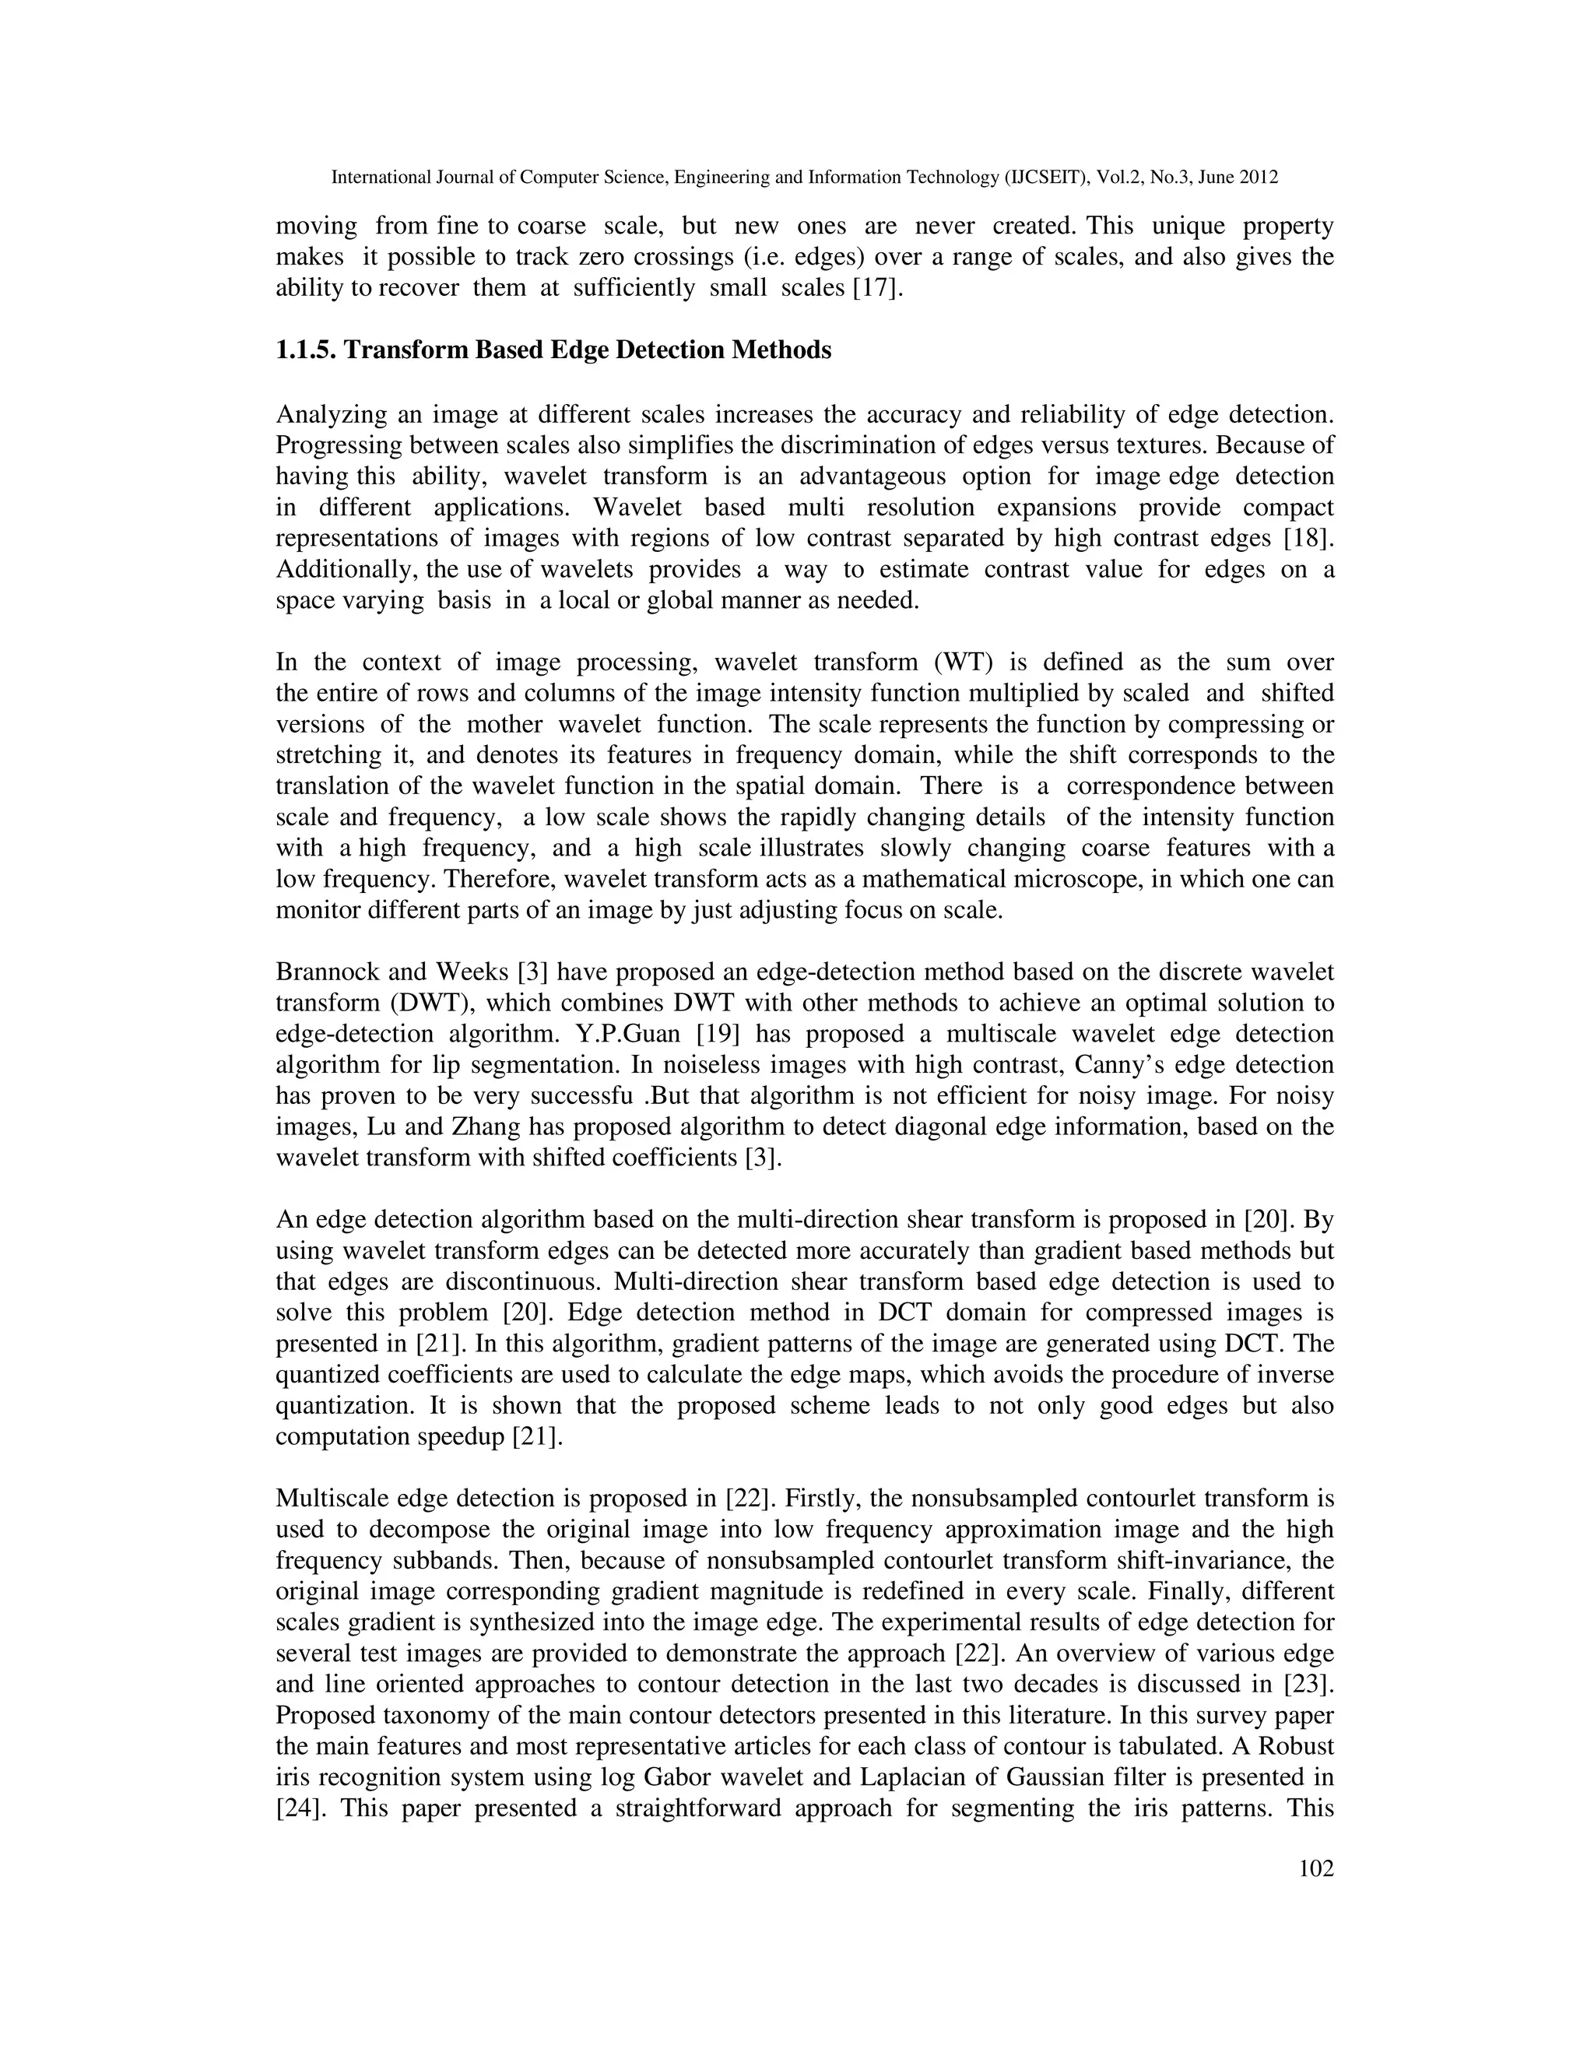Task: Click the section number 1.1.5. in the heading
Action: [305, 350]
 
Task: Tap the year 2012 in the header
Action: [1259, 177]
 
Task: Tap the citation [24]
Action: [298, 1808]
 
